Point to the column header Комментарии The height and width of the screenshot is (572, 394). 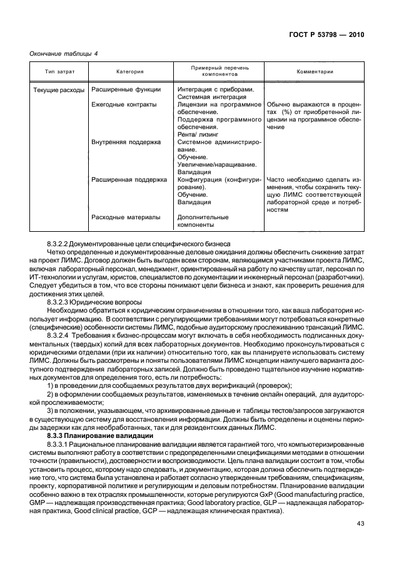315,71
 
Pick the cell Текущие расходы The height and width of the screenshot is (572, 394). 58,90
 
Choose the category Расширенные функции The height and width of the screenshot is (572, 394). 126,90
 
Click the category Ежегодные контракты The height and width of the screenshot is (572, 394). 124,105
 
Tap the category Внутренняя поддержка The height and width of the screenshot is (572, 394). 126,142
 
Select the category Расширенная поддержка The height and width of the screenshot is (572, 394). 129,179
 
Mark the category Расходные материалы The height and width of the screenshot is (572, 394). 125,217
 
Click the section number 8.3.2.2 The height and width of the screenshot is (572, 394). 59,243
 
